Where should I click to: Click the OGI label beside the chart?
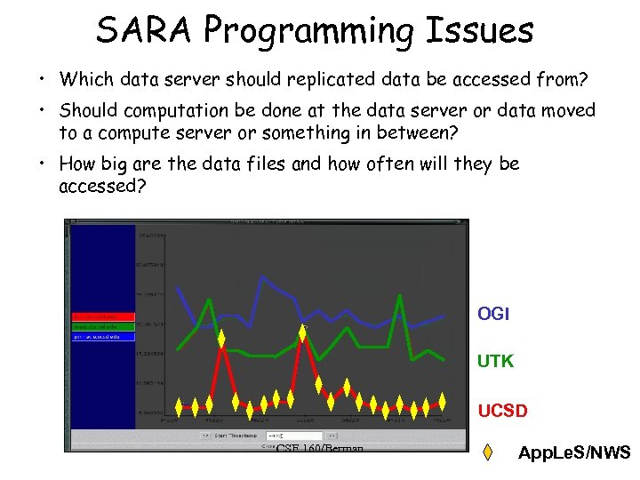point(493,314)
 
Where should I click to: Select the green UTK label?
point(495,362)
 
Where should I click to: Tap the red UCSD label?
point(502,411)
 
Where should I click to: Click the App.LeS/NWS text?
point(573,453)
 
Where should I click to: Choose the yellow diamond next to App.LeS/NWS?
point(488,453)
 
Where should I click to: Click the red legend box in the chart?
point(103,316)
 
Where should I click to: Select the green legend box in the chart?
point(103,327)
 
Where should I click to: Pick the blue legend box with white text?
point(103,337)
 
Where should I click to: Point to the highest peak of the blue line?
point(261,276)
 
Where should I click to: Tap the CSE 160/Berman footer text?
point(320,449)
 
